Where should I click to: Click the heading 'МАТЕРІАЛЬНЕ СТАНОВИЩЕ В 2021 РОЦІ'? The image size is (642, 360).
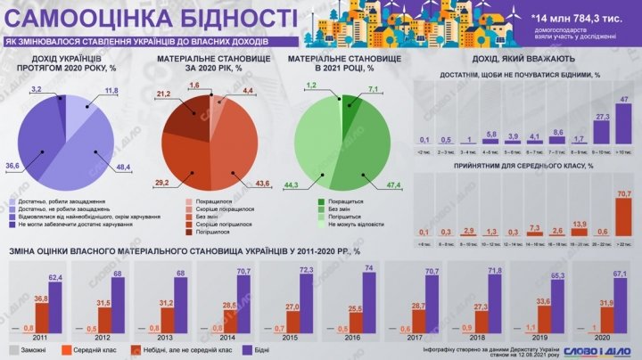[x=341, y=64]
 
